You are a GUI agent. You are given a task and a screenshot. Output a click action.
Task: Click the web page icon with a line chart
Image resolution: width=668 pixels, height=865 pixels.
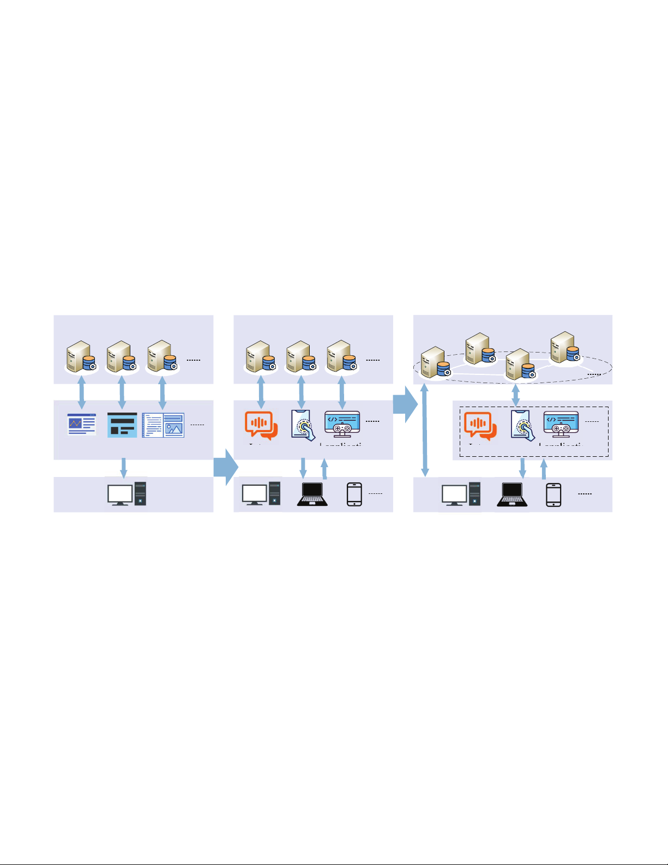point(82,424)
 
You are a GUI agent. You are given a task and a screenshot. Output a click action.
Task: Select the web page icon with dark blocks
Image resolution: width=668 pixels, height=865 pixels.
point(122,425)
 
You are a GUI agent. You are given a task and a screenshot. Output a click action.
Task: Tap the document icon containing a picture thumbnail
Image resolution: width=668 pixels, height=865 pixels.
point(163,425)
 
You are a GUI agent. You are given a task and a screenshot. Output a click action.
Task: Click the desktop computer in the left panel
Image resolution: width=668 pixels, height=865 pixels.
point(127,493)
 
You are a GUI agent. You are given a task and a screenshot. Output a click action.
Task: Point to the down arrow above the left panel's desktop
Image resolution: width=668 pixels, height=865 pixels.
point(124,467)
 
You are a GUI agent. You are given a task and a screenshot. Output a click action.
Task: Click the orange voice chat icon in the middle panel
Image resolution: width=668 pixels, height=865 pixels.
point(261,425)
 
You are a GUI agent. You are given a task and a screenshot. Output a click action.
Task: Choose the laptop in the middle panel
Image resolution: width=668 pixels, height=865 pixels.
point(312,494)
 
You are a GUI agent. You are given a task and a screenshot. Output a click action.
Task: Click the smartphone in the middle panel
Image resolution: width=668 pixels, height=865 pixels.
point(354,494)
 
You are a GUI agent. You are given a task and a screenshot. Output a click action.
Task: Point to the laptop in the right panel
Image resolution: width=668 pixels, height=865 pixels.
point(512,494)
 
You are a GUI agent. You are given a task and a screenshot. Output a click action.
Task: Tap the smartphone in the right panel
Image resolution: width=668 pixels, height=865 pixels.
point(553,494)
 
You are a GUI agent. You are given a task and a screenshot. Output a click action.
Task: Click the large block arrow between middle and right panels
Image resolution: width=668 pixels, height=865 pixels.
point(405,404)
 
